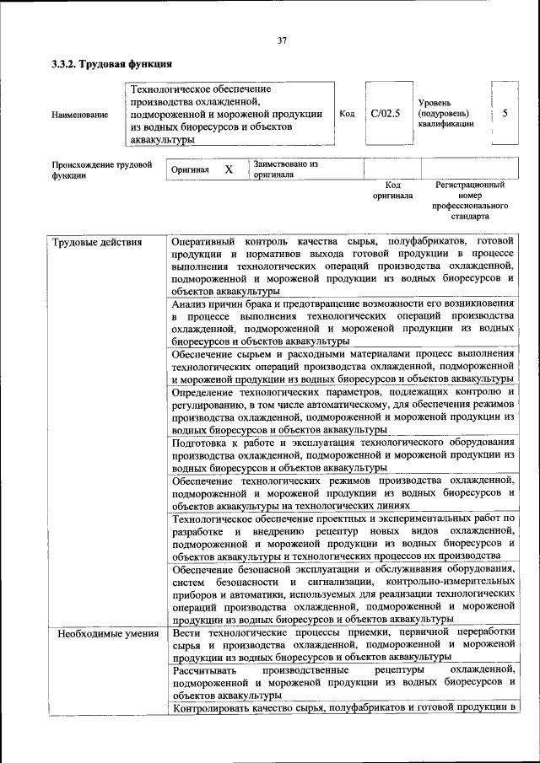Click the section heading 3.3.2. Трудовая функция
click(x=111, y=63)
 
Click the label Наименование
click(x=79, y=115)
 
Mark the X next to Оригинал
click(x=229, y=169)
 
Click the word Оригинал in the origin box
click(x=190, y=169)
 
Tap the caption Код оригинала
click(x=392, y=190)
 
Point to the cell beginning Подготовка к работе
click(x=342, y=454)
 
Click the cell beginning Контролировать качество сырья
click(x=342, y=707)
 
